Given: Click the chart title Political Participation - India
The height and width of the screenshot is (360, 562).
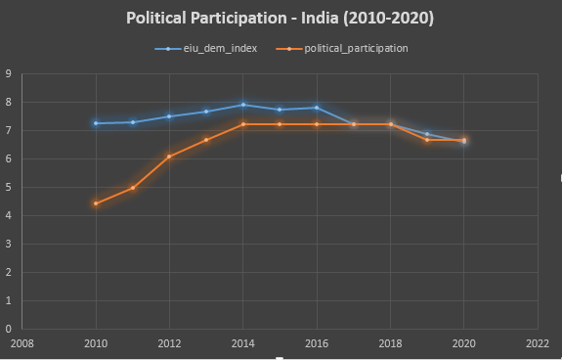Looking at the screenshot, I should point(281,18).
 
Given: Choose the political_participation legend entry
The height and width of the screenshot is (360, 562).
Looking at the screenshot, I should point(348,47).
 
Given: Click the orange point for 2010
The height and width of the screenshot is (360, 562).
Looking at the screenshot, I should point(96,203).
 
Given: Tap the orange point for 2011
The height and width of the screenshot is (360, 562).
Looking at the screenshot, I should point(133,188).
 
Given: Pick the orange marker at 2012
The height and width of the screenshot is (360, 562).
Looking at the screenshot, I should point(169,157).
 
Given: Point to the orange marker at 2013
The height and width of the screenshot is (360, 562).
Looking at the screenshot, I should point(206,140).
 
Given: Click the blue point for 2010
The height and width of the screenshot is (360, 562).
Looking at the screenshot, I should point(96,123).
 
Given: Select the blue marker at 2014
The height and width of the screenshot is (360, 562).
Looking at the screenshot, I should point(243,105).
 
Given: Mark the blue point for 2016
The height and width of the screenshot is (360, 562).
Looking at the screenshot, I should point(317,108).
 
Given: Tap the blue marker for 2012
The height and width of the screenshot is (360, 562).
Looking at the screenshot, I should point(169,116).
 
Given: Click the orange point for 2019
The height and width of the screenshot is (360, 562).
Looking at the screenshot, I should point(427,140).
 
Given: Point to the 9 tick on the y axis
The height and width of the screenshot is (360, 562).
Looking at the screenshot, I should point(9,74).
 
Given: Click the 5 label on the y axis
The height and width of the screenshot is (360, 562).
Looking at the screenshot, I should point(9,188).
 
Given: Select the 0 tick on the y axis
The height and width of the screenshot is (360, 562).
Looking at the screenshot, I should point(9,330).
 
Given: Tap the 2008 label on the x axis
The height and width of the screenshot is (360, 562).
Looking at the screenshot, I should point(22,344).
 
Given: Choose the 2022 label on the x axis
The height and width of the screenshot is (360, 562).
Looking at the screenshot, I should point(537,344).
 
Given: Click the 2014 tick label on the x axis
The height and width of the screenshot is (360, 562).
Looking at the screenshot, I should point(243,344).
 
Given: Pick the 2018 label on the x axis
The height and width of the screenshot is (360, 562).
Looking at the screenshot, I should point(390,344).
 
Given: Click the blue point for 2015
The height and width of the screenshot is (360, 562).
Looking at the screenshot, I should point(280,110).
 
